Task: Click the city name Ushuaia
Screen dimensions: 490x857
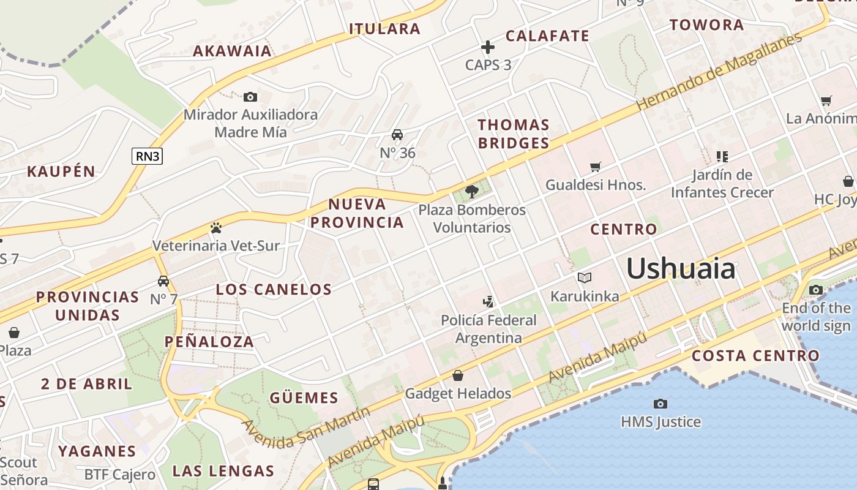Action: click(x=680, y=268)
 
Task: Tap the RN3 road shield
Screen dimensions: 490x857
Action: click(x=148, y=156)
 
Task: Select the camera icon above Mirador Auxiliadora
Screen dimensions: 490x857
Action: click(x=250, y=97)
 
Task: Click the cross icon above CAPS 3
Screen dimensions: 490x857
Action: click(x=488, y=47)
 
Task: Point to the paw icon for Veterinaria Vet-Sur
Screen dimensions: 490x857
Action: click(x=215, y=228)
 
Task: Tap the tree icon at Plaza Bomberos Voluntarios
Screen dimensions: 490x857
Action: click(x=471, y=192)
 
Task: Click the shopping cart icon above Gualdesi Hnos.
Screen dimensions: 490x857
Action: click(x=595, y=167)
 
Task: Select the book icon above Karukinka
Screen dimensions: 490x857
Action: click(x=585, y=278)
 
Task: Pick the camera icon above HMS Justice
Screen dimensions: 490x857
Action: click(x=660, y=404)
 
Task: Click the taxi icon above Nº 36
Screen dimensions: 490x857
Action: click(x=397, y=135)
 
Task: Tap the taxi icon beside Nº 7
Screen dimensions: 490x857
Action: click(x=163, y=281)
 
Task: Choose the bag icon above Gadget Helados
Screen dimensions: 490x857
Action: click(x=458, y=375)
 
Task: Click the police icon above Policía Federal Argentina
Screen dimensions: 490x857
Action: click(x=488, y=301)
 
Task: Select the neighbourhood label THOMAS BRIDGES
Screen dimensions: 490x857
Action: click(x=513, y=134)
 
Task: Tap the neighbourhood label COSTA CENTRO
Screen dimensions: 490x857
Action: click(x=755, y=356)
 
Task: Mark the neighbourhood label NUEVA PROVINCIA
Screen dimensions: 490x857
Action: click(x=357, y=213)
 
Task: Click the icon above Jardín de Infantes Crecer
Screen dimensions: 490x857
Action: click(x=722, y=157)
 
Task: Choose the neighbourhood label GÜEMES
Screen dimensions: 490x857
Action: click(x=304, y=398)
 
